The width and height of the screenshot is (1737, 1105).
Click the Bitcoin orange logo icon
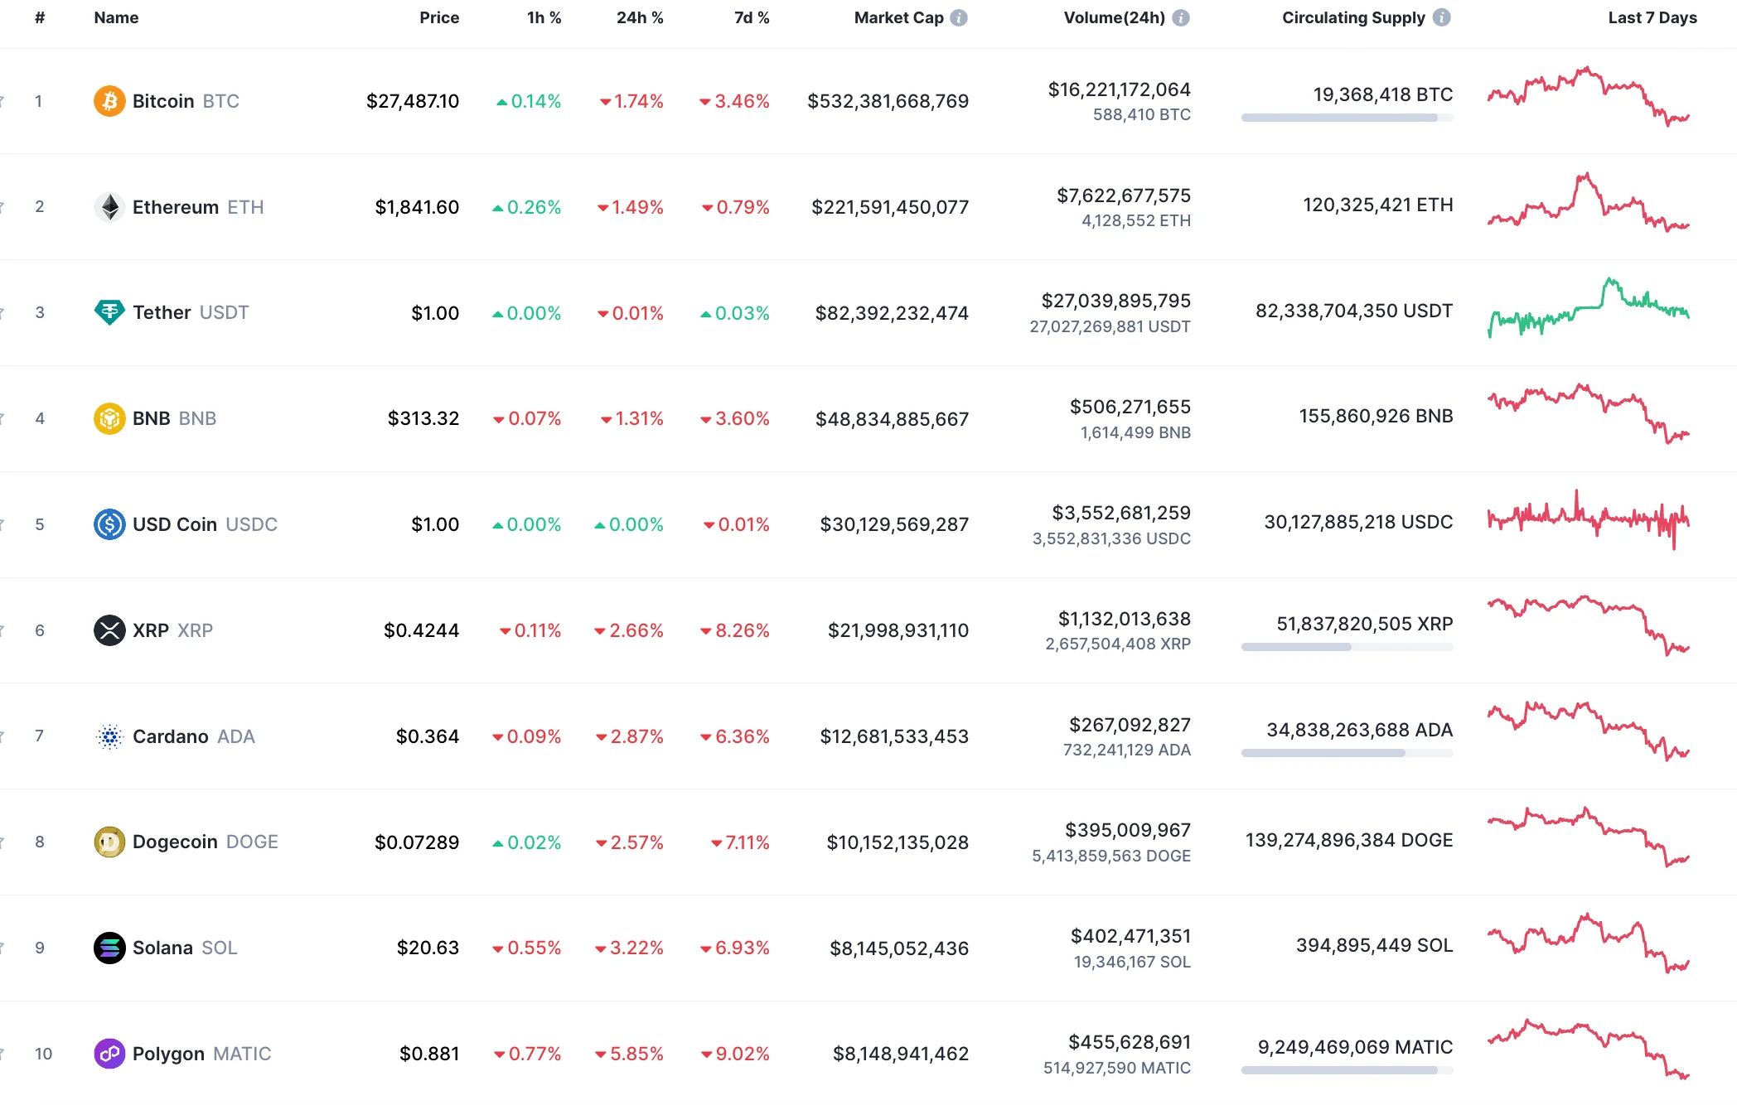coord(109,101)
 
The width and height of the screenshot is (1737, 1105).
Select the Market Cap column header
coord(898,17)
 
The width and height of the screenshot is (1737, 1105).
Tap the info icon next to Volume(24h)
coord(1181,17)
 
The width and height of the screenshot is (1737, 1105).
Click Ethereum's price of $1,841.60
coord(417,207)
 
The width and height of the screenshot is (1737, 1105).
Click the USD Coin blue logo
coord(109,524)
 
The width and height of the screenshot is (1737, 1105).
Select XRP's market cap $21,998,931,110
coord(898,630)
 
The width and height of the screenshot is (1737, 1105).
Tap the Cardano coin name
coord(171,736)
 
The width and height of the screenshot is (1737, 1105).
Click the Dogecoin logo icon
coord(109,842)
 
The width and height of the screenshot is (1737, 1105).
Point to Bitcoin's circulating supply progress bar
coord(1347,118)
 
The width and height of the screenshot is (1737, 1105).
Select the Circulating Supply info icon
coord(1442,17)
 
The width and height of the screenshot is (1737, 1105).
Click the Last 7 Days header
coord(1652,17)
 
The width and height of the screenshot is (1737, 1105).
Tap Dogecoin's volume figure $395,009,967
coord(1127,830)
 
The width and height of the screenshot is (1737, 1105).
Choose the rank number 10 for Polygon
coord(43,1054)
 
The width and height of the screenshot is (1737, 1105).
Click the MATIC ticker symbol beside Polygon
coord(242,1054)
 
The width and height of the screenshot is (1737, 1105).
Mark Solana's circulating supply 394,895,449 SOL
coord(1374,945)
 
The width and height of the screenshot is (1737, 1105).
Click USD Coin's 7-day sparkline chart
coord(1588,520)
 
